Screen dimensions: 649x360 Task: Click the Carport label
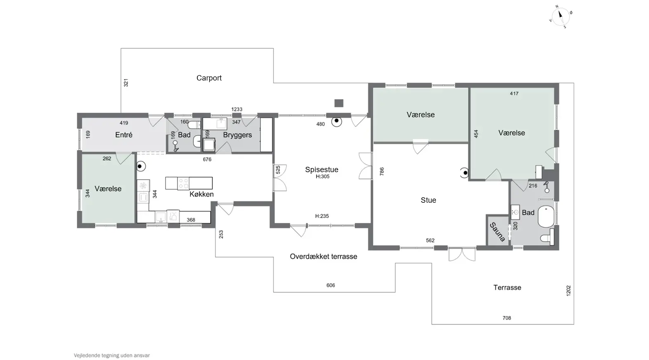pos(209,78)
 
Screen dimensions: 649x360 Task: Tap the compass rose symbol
pos(561,17)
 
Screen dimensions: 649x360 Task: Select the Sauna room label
pos(497,232)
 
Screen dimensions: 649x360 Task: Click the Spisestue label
pos(322,169)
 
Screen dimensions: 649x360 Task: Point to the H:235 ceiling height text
pos(322,216)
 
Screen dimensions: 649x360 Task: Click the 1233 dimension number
pos(237,109)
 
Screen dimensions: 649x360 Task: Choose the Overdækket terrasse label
pos(323,256)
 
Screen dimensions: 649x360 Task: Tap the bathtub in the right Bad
pos(546,217)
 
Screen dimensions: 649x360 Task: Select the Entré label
pos(124,135)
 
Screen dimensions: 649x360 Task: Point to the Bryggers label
pos(237,135)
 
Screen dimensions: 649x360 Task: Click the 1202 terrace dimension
pos(568,291)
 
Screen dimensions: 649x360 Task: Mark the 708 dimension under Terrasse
pos(507,318)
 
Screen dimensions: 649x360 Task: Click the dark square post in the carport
pos(339,103)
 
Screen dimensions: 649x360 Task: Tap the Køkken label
pos(201,194)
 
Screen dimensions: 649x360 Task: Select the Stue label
pos(428,200)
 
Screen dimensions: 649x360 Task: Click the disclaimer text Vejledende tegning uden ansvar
pos(112,355)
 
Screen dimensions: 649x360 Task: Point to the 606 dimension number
pos(331,285)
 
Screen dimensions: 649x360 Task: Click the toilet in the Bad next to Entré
pos(194,125)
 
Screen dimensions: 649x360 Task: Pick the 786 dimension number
pos(382,171)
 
